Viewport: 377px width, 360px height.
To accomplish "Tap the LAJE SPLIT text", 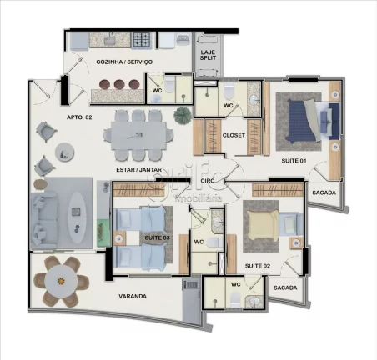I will tap(208, 56).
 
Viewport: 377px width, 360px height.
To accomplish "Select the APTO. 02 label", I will tap(80, 119).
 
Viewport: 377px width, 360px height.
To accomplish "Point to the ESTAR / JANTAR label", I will tap(138, 170).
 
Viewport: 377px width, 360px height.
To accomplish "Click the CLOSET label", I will tap(234, 134).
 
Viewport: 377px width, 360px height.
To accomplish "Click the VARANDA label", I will tap(132, 296).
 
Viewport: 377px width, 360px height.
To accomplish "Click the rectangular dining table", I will tap(140, 131).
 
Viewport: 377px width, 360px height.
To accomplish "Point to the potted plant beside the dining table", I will tap(181, 115).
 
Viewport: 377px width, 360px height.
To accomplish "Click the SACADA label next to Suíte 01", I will tap(324, 192).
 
